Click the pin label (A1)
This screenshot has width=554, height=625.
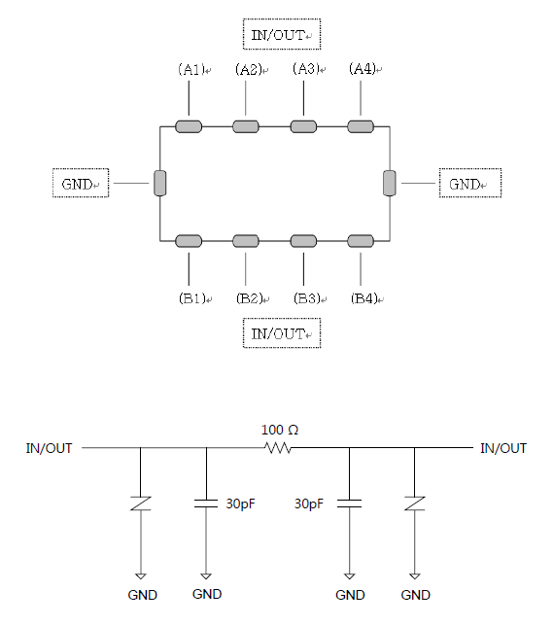click(x=191, y=69)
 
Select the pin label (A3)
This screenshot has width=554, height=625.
click(x=306, y=69)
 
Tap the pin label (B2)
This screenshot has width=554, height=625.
click(x=250, y=298)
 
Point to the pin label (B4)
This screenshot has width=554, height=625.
click(x=364, y=298)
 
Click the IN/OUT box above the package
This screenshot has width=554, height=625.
click(x=282, y=34)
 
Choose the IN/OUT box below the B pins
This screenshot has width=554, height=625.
click(x=282, y=333)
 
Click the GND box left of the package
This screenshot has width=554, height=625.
click(x=81, y=183)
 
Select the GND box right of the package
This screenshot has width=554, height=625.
click(x=470, y=183)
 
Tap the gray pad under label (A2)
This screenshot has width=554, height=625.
click(x=246, y=126)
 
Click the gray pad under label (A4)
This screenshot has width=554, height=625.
click(x=361, y=126)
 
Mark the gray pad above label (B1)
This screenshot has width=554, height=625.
click(x=189, y=241)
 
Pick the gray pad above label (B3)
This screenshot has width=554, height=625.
click(x=303, y=241)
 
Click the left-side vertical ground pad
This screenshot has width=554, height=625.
click(x=159, y=183)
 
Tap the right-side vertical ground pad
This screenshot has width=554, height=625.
click(x=390, y=183)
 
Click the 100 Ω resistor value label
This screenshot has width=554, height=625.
click(x=280, y=430)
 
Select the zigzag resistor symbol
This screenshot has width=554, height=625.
click(x=278, y=448)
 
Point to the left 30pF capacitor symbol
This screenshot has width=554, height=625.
click(x=206, y=503)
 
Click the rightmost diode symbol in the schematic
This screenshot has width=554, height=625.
click(x=414, y=503)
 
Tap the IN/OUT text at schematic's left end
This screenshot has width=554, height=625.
click(x=49, y=448)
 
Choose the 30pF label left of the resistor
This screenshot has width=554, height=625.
click(x=240, y=503)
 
